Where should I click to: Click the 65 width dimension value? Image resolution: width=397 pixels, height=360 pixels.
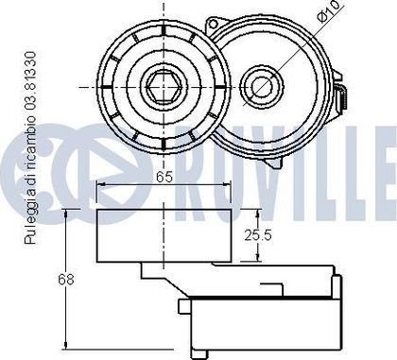pyautogui.click(x=164, y=178)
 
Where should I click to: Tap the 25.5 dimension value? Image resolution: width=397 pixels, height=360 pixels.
pyautogui.click(x=258, y=235)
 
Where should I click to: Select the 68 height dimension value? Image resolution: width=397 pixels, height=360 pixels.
pyautogui.click(x=66, y=279)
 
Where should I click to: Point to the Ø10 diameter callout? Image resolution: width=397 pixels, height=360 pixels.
pyautogui.click(x=327, y=11)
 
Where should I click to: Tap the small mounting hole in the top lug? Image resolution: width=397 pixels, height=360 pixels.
pyautogui.click(x=214, y=24)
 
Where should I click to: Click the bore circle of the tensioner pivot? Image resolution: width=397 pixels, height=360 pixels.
pyautogui.click(x=262, y=86)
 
